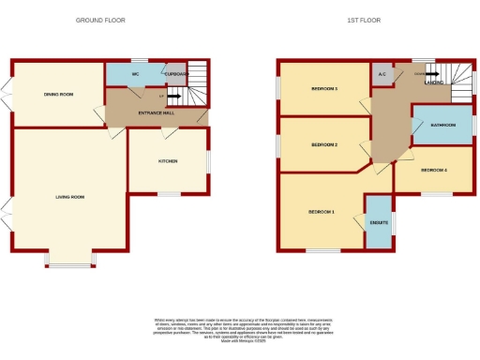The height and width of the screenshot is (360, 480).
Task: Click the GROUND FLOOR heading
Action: pos(100,20)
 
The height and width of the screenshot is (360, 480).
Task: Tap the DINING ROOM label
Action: pos(58,94)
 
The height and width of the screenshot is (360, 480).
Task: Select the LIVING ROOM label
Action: pos(70,197)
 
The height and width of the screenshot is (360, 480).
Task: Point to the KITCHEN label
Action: pos(168,161)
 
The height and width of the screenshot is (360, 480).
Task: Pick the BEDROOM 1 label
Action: pos(322,212)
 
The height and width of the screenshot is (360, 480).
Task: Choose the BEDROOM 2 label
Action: pos(323,145)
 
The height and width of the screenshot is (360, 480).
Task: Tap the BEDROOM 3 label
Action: pos(323,89)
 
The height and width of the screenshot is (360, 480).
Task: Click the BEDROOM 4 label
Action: pos(434,170)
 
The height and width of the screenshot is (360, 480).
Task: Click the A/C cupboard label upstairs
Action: pos(382,73)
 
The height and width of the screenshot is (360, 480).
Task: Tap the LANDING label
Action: pos(435,82)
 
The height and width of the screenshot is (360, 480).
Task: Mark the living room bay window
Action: pos(70,266)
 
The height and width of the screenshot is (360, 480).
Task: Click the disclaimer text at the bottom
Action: pos(240,329)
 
